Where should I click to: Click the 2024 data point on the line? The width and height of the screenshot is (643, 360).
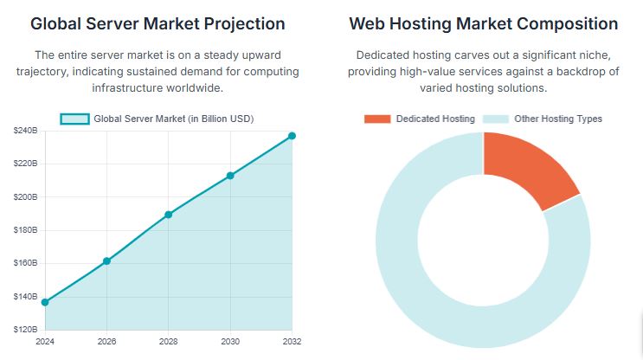45,302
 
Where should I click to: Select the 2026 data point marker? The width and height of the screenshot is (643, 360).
106,260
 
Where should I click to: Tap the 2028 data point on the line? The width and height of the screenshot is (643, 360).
168,215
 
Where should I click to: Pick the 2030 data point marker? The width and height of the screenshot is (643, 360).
230,176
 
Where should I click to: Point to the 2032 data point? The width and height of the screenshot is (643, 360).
292,136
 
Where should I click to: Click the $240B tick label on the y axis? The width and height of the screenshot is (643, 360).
25,131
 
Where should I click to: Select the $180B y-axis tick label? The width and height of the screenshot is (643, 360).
25,230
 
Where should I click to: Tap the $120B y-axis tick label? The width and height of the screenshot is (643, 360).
25,330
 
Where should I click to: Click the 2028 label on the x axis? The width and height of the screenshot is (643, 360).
168,342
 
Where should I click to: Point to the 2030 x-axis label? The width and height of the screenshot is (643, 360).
230,342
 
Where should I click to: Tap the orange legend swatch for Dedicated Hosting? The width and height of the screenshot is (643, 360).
377,119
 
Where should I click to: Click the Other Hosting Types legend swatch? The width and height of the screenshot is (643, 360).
495,119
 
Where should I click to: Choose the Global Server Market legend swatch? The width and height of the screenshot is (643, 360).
74,119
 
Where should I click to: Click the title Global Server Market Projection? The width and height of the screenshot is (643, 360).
158,23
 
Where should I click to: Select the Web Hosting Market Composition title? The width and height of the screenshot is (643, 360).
483,23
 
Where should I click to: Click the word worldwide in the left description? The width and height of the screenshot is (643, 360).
200,88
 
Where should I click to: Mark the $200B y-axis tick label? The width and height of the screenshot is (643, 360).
25,197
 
